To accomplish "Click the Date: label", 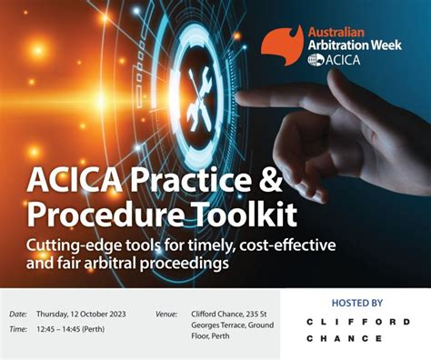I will [18, 314].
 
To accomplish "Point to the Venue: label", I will [167, 314].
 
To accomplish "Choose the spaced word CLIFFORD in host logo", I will [356, 322].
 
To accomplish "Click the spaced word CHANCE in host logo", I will [345, 338].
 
